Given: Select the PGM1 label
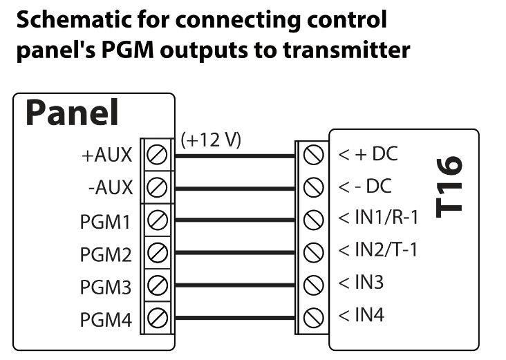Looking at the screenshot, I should coord(105,222).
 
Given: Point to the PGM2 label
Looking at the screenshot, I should coord(105,254).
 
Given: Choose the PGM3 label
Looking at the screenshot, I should coord(105,285).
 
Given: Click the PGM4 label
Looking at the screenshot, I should coord(105,319).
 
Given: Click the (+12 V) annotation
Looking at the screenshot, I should coord(211,140).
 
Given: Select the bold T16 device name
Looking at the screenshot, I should coord(451,186).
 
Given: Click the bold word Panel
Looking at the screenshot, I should coord(72,113).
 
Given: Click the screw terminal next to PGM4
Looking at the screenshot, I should coord(157,319).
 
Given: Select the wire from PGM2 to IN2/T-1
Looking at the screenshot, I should coord(235,252).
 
